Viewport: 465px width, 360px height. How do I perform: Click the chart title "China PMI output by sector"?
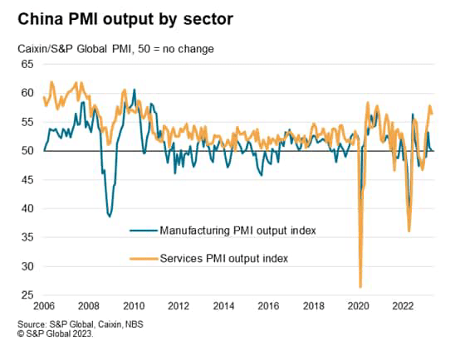click(121, 18)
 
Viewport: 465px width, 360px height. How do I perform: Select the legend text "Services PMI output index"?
click(224, 258)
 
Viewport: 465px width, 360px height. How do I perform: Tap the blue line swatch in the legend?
click(142, 229)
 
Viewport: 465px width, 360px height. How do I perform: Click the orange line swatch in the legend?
click(142, 258)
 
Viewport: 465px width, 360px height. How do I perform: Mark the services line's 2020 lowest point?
click(360, 287)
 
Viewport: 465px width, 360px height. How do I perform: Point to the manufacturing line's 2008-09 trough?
click(110, 216)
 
